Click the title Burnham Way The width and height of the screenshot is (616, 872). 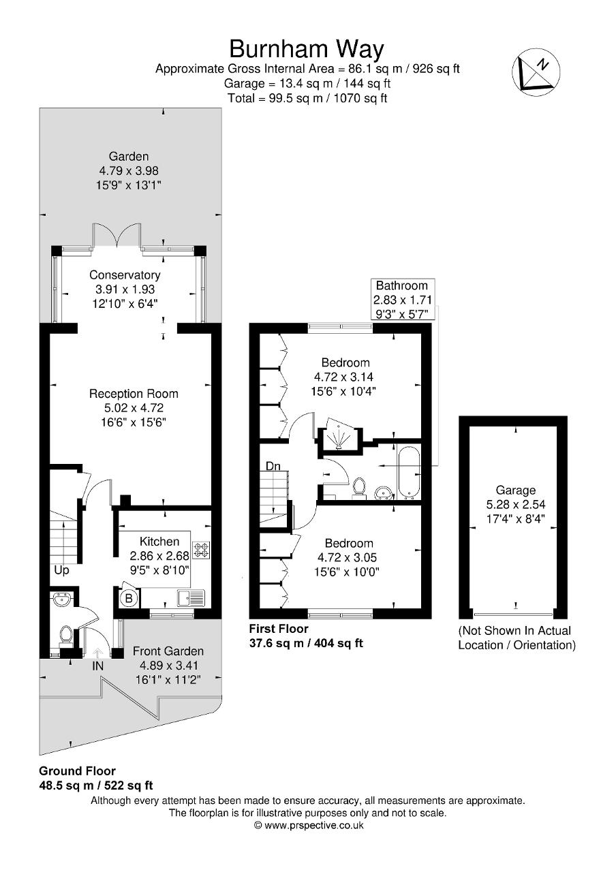pyautogui.click(x=307, y=49)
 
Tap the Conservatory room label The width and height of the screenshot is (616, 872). pyautogui.click(x=125, y=275)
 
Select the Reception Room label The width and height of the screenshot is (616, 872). pyautogui.click(x=134, y=394)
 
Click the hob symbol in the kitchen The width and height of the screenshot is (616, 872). pyautogui.click(x=201, y=550)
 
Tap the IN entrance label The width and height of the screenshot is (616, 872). pyautogui.click(x=98, y=666)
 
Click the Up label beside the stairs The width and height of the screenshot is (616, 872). pyautogui.click(x=61, y=570)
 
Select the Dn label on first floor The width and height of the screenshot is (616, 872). pyautogui.click(x=273, y=466)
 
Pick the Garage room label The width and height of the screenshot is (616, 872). pyautogui.click(x=516, y=490)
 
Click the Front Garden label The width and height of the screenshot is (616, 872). pyautogui.click(x=168, y=651)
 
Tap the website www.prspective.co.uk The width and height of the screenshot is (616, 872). pyautogui.click(x=308, y=825)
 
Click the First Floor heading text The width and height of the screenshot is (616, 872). pyautogui.click(x=278, y=629)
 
